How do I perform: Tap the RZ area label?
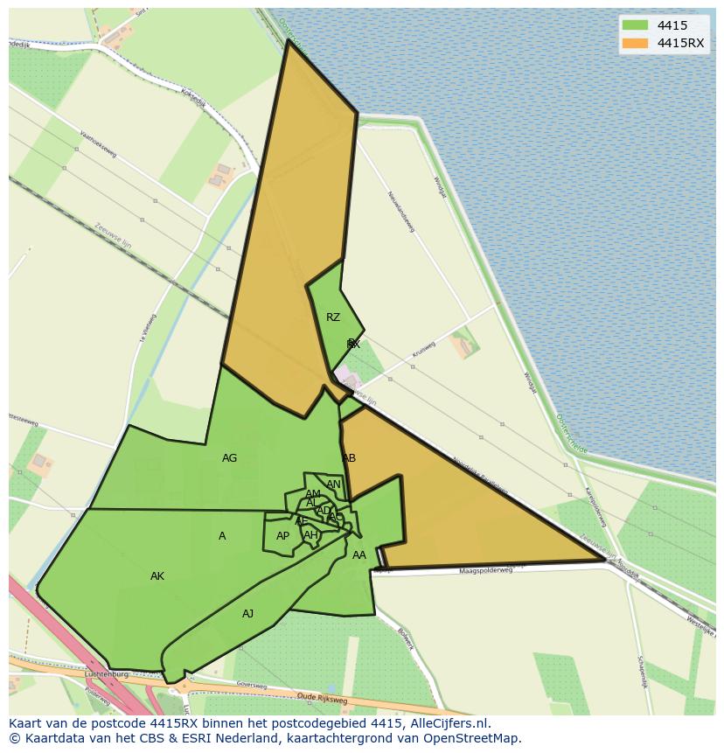[x=333, y=317]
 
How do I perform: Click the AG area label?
[x=229, y=457]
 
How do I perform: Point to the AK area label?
[x=157, y=576]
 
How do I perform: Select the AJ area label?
[x=248, y=614]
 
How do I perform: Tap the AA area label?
[x=359, y=555]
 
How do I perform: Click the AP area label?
[x=282, y=536]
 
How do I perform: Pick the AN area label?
[x=333, y=485]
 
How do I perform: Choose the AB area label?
[x=349, y=458]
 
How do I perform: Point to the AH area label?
[x=310, y=535]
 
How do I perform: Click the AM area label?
[x=313, y=494]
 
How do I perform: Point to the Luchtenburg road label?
[x=107, y=675]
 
